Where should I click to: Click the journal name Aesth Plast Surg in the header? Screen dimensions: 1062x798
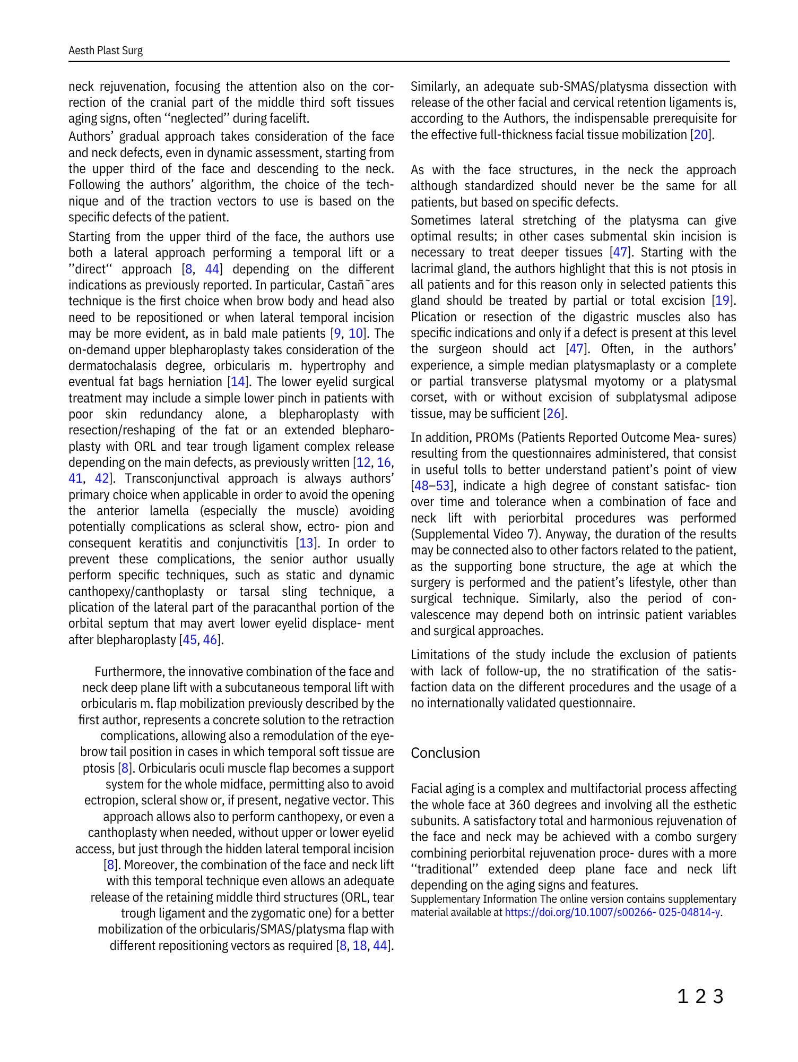click(x=106, y=50)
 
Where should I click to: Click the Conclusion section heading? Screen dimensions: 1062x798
click(x=445, y=753)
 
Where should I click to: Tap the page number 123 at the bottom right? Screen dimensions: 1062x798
click(x=700, y=997)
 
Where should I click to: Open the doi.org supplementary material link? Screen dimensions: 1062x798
click(x=612, y=913)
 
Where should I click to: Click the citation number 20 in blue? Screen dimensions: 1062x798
click(x=701, y=135)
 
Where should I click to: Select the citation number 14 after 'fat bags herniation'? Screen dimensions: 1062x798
click(x=238, y=382)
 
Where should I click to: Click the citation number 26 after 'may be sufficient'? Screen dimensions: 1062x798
click(x=553, y=414)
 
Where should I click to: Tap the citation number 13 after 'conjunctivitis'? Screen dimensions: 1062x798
click(x=306, y=543)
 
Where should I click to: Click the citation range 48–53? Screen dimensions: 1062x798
click(x=431, y=486)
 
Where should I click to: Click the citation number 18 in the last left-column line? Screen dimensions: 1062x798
click(x=360, y=946)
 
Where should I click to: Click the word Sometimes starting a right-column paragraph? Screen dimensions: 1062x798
click(x=440, y=220)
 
